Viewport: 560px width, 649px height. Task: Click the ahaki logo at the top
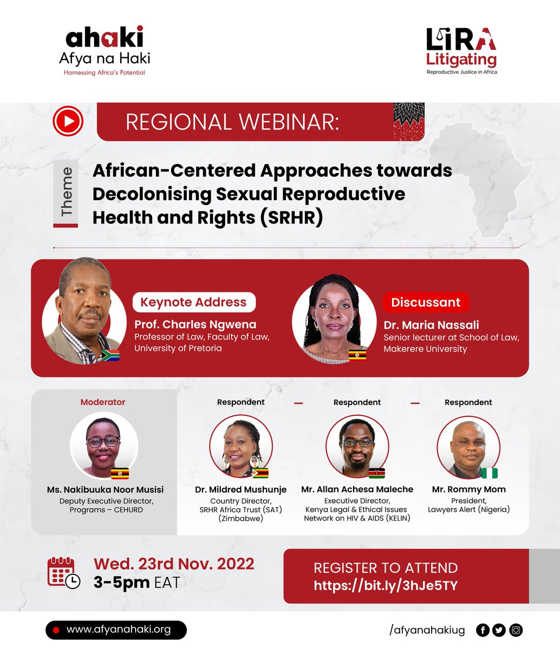(x=105, y=50)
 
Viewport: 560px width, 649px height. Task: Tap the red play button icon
(x=68, y=122)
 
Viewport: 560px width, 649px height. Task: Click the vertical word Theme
(x=67, y=193)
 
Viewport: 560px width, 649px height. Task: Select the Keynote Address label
(x=193, y=302)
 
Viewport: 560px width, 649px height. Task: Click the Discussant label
(x=426, y=302)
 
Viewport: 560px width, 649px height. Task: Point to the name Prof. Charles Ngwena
(x=195, y=325)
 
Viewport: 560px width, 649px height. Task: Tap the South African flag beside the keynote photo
(x=110, y=355)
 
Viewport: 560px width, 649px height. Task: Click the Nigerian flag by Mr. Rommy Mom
(x=489, y=473)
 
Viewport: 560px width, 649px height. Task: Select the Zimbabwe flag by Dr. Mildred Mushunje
(x=261, y=473)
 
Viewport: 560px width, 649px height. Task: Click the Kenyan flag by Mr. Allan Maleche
(x=376, y=473)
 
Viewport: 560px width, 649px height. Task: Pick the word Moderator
(x=103, y=402)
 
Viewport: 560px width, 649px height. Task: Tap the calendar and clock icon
(x=63, y=572)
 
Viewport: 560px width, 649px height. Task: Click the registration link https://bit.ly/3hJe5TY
(x=386, y=585)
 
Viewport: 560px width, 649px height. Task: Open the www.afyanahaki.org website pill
(x=116, y=630)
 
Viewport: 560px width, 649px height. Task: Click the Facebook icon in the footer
(x=482, y=630)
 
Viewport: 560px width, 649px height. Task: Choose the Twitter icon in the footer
(x=499, y=630)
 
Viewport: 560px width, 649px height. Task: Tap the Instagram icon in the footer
(x=516, y=630)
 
